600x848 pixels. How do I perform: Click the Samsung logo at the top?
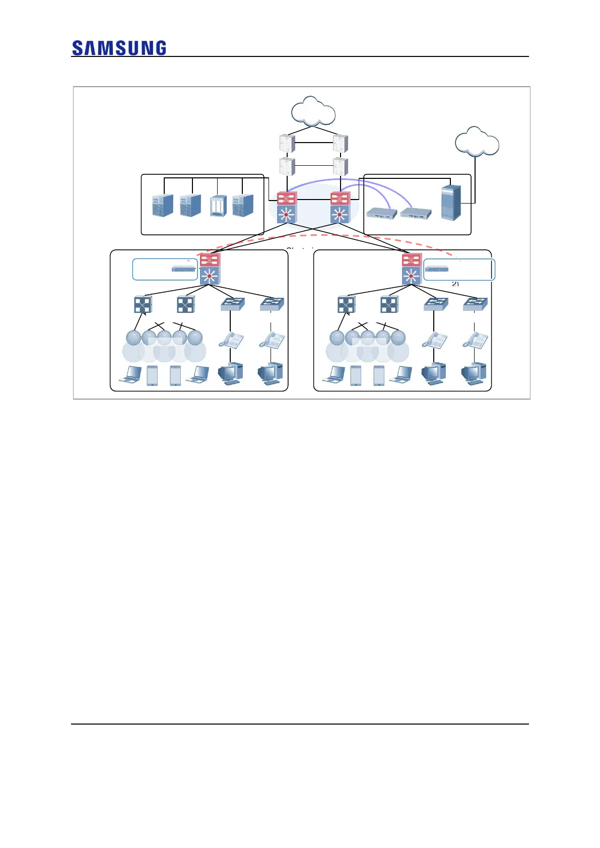[x=119, y=48]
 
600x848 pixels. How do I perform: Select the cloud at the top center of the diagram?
[x=313, y=111]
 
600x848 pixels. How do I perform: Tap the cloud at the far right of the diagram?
[x=477, y=142]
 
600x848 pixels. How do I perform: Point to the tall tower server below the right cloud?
[x=450, y=203]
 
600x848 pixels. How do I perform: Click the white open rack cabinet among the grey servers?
[x=218, y=206]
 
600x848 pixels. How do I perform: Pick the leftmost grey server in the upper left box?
[x=163, y=205]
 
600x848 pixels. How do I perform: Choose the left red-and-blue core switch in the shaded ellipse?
[x=287, y=207]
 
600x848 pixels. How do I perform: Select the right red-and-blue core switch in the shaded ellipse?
[x=340, y=207]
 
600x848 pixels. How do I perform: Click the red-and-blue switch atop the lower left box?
[x=210, y=269]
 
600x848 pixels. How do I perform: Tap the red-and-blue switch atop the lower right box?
[x=412, y=269]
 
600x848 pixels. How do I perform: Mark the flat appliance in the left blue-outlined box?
[x=183, y=269]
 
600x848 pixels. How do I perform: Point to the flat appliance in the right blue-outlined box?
[x=437, y=269]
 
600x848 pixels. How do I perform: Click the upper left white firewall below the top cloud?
[x=287, y=143]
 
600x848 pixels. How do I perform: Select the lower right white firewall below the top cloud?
[x=341, y=166]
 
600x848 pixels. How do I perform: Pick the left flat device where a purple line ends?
[x=382, y=213]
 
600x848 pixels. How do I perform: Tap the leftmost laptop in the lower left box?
[x=130, y=375]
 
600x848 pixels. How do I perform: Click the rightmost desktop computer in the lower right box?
[x=474, y=373]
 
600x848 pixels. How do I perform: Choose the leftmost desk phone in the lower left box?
[x=231, y=340]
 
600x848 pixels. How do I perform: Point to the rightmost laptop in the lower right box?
[x=401, y=375]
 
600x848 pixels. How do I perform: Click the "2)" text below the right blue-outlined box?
[x=455, y=284]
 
